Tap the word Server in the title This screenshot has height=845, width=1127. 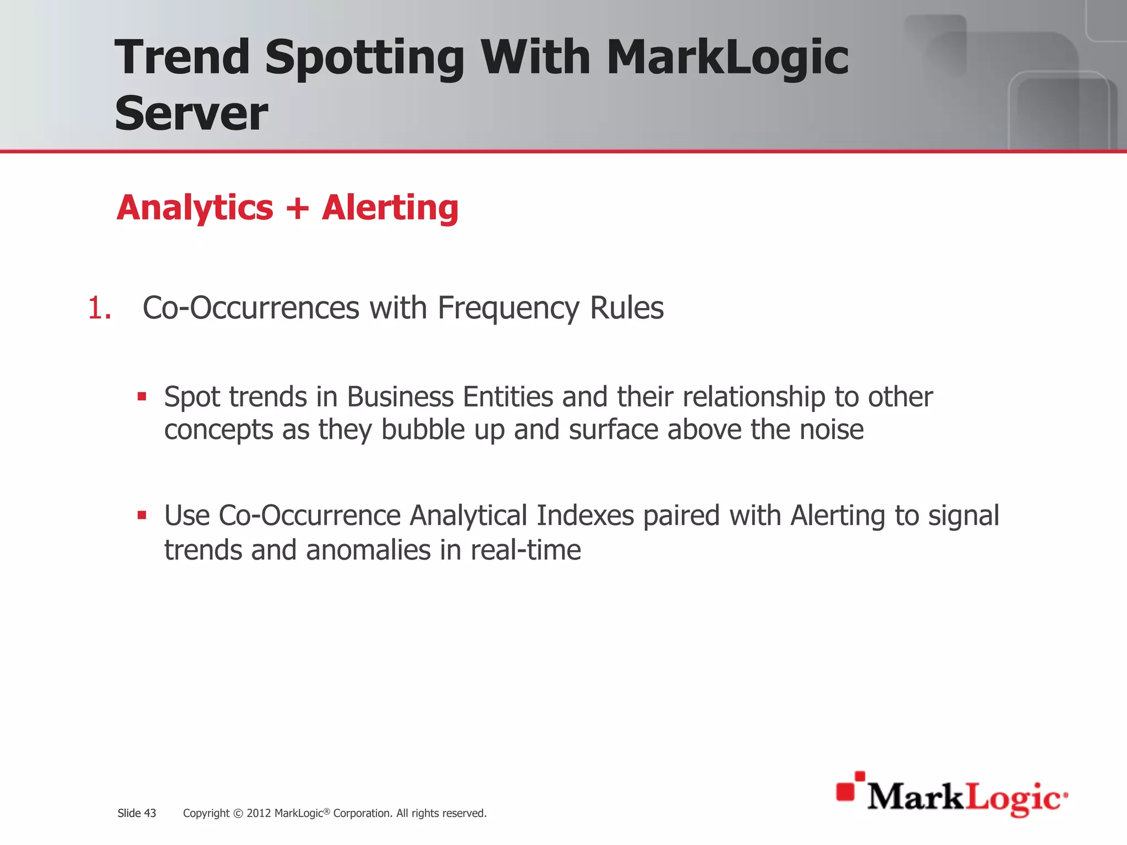pyautogui.click(x=191, y=114)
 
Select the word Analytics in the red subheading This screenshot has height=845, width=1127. pyautogui.click(x=195, y=208)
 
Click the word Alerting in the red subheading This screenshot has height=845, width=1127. pyautogui.click(x=390, y=208)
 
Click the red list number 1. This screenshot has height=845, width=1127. pyautogui.click(x=99, y=308)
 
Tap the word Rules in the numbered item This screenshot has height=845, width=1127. pyautogui.click(x=626, y=308)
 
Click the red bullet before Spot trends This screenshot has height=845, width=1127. pyautogui.click(x=142, y=396)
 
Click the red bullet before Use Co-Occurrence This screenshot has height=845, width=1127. pyautogui.click(x=142, y=515)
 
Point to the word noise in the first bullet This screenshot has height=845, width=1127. pyautogui.click(x=831, y=430)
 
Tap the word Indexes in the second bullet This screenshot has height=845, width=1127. pyautogui.click(x=585, y=516)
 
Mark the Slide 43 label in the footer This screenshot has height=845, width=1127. pyautogui.click(x=136, y=813)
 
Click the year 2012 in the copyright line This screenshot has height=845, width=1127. pyautogui.click(x=258, y=813)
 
